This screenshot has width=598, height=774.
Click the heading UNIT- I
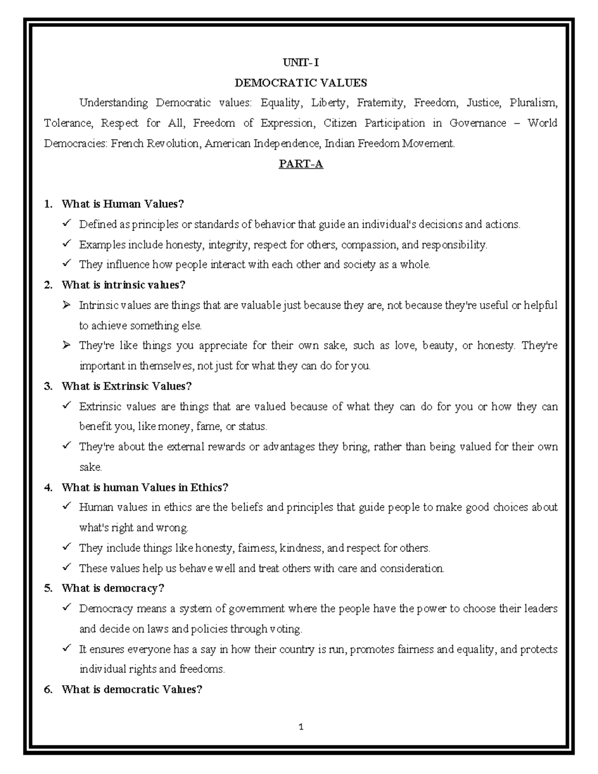pos(300,62)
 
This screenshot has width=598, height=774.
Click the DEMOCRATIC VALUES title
pos(300,83)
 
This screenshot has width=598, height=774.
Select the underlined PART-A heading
pos(300,164)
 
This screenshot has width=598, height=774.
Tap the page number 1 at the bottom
pos(301,727)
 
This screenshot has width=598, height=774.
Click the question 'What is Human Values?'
pos(123,204)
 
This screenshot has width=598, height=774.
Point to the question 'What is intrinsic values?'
pos(123,285)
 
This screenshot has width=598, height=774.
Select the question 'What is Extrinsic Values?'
pos(127,386)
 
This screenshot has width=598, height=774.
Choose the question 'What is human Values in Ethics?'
pos(145,487)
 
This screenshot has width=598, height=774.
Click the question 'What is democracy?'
pos(113,588)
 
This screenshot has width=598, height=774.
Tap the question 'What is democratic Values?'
pos(132,690)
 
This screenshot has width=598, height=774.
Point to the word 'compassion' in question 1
pos(369,245)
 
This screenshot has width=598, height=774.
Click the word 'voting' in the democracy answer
pos(285,629)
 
